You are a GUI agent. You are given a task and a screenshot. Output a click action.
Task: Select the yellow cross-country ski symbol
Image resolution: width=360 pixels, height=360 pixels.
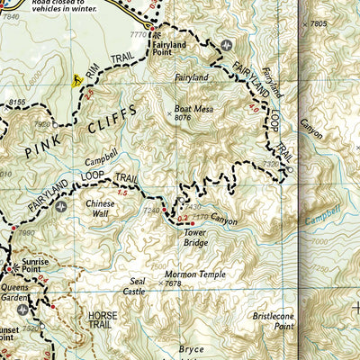click(77, 81)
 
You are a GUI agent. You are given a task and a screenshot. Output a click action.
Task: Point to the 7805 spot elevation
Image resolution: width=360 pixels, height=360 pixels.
click(316, 24)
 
